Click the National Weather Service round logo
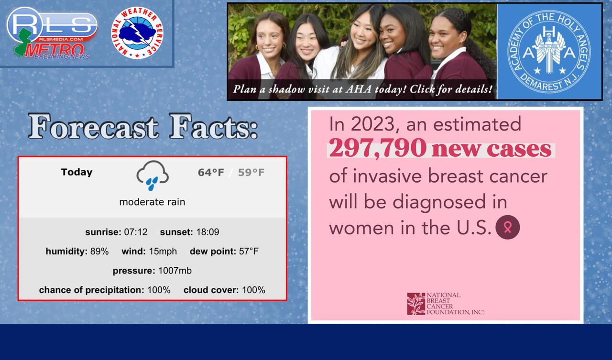tap(137, 33)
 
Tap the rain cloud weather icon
tap(153, 175)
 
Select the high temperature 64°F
tap(211, 173)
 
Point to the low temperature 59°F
tap(251, 173)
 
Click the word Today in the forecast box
tap(77, 172)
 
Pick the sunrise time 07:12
tap(136, 232)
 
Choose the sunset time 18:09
tap(208, 232)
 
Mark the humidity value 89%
tap(99, 251)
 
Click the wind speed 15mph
tap(163, 251)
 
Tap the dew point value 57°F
tap(249, 251)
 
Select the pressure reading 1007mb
tap(175, 271)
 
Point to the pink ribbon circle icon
tap(508, 227)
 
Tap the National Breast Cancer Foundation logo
tap(445, 304)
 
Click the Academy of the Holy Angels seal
tap(549, 52)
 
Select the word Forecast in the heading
tap(93, 127)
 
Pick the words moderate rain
tap(152, 202)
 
